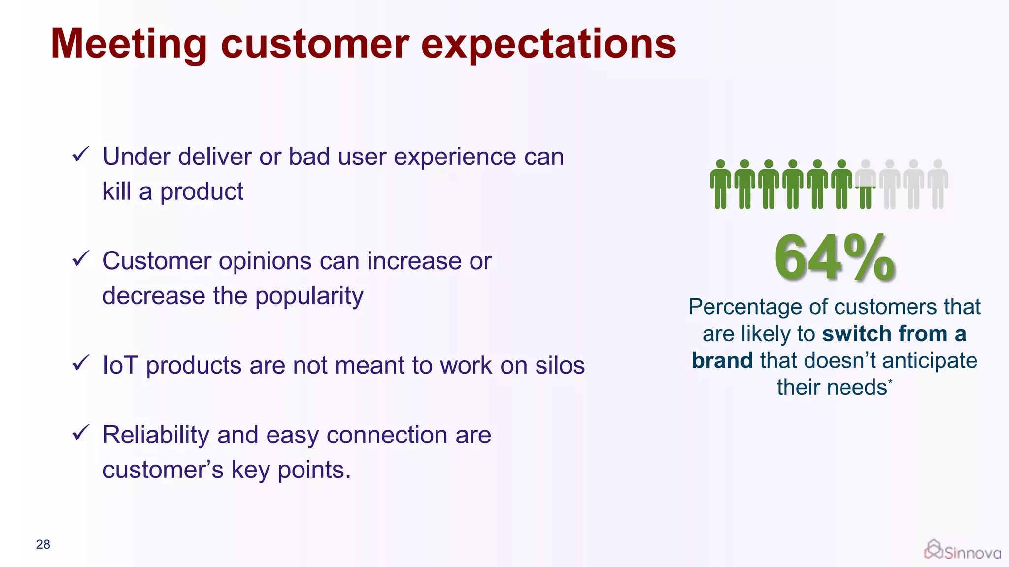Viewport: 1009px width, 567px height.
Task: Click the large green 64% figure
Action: click(x=834, y=258)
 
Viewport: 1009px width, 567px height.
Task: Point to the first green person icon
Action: click(x=720, y=184)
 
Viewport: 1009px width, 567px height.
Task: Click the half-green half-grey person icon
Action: click(x=866, y=184)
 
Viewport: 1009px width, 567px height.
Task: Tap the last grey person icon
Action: click(x=938, y=184)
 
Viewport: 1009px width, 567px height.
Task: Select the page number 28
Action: click(x=43, y=544)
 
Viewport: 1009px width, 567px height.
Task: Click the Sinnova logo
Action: click(x=962, y=550)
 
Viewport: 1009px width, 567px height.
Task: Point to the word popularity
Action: click(x=309, y=296)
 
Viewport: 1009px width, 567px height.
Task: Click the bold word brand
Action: click(x=722, y=361)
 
